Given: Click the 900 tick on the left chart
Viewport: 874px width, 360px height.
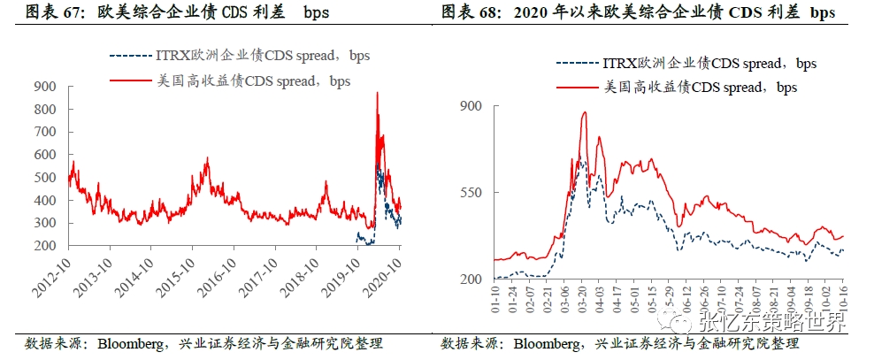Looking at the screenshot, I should coord(44,87).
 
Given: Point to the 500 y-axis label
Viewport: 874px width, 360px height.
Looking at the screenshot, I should coord(44,177).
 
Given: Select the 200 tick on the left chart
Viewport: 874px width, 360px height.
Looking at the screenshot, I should coord(44,246).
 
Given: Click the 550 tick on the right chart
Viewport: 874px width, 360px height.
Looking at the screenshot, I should coord(472,193).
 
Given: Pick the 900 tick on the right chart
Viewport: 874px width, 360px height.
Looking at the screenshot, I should coord(472,106).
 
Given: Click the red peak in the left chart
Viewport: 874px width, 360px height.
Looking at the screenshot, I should coord(378,93).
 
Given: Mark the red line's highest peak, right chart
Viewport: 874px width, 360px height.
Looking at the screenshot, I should coord(585,112).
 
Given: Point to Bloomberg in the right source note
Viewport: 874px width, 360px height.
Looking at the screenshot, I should coord(548,343).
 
